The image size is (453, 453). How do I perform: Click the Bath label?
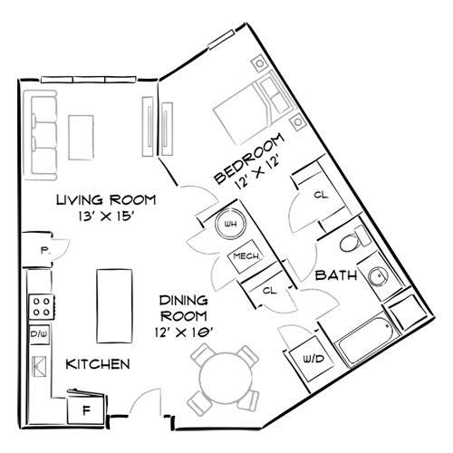click(x=334, y=275)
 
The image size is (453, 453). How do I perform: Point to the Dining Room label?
click(x=185, y=308)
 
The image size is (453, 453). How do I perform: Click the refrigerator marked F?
click(x=88, y=409)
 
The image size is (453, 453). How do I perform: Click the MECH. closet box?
click(x=247, y=257)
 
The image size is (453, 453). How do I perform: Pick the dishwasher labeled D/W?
click(x=39, y=333)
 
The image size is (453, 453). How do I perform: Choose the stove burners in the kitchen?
click(x=39, y=305)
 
